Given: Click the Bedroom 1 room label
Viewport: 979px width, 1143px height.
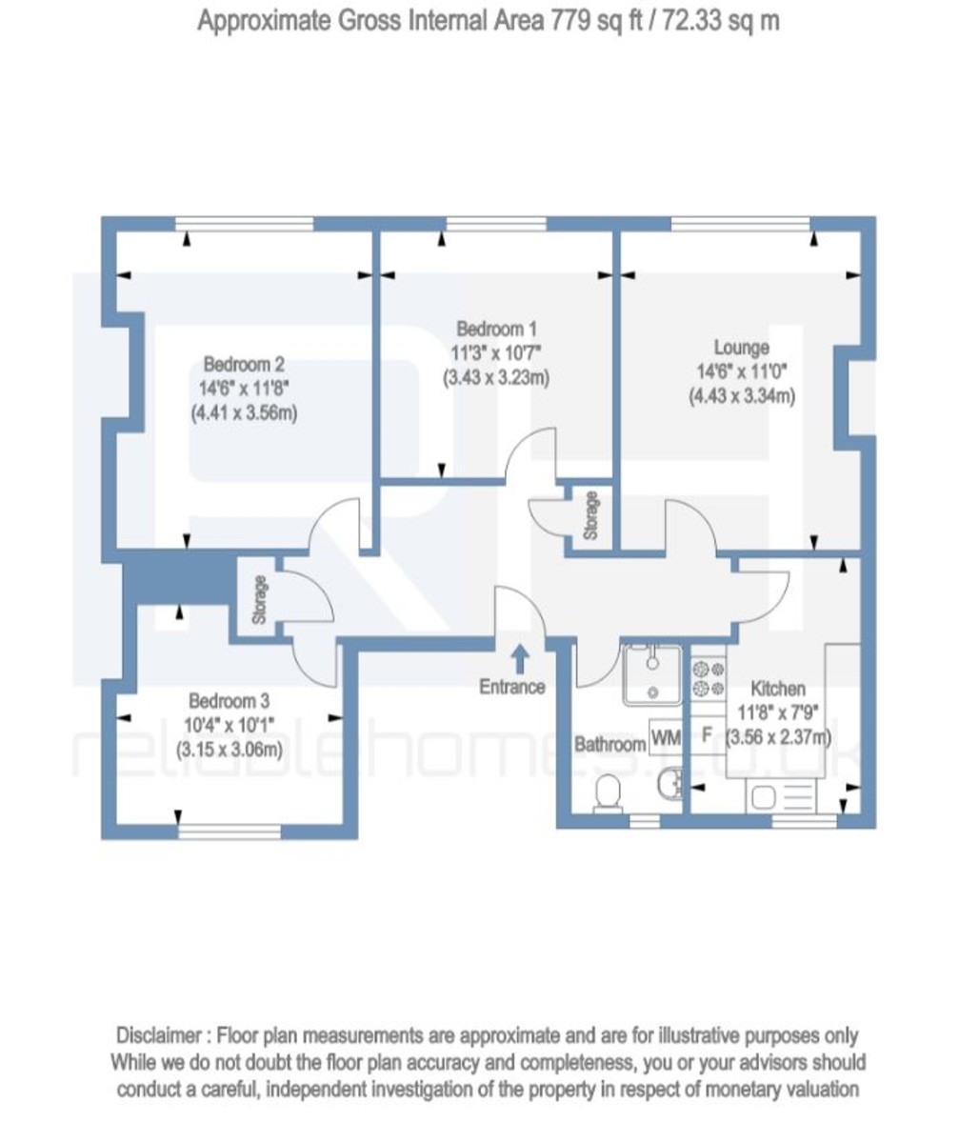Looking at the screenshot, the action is point(496,329).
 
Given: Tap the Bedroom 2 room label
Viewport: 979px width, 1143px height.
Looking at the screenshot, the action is point(244,365).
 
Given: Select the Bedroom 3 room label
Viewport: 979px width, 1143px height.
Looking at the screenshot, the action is point(229,701).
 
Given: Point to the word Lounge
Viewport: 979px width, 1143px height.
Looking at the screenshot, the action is point(741,348).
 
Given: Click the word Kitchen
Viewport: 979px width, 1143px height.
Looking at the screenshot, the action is point(777,689).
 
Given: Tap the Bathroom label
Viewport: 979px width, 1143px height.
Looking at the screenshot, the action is point(609,744).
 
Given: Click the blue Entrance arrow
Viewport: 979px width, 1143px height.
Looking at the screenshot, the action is point(520,660).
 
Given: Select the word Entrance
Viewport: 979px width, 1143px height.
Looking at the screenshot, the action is point(512,687).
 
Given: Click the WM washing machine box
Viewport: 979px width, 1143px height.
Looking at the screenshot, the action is point(666,737).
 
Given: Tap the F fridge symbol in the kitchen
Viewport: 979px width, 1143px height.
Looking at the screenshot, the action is point(706,735).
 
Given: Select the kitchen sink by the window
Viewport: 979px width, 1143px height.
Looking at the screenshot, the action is point(781,797).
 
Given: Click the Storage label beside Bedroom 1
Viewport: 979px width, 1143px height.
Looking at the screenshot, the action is point(590,516).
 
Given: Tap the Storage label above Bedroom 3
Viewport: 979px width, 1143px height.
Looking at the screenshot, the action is point(259,599).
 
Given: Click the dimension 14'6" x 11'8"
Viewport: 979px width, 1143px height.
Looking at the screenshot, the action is point(244,389).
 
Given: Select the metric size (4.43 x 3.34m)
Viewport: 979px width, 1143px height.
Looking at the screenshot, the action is point(741,396).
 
